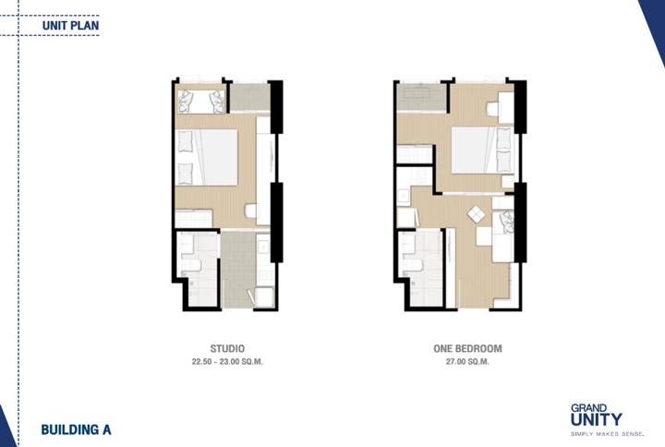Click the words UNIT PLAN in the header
tap(70, 26)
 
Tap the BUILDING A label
tap(76, 429)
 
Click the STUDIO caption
tap(227, 348)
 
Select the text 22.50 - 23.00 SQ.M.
tap(227, 362)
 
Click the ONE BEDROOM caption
tap(467, 348)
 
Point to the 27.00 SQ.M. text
tap(467, 362)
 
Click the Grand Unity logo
tap(596, 416)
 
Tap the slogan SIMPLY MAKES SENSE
tap(607, 434)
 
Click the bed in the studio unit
tap(206, 157)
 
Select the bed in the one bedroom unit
tap(483, 150)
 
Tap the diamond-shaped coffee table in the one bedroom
tap(477, 214)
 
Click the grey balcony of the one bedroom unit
tap(421, 97)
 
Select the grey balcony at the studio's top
tap(249, 97)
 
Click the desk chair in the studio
tap(250, 211)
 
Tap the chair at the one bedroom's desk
tap(492, 109)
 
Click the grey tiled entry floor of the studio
tap(238, 269)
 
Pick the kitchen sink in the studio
tap(263, 247)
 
